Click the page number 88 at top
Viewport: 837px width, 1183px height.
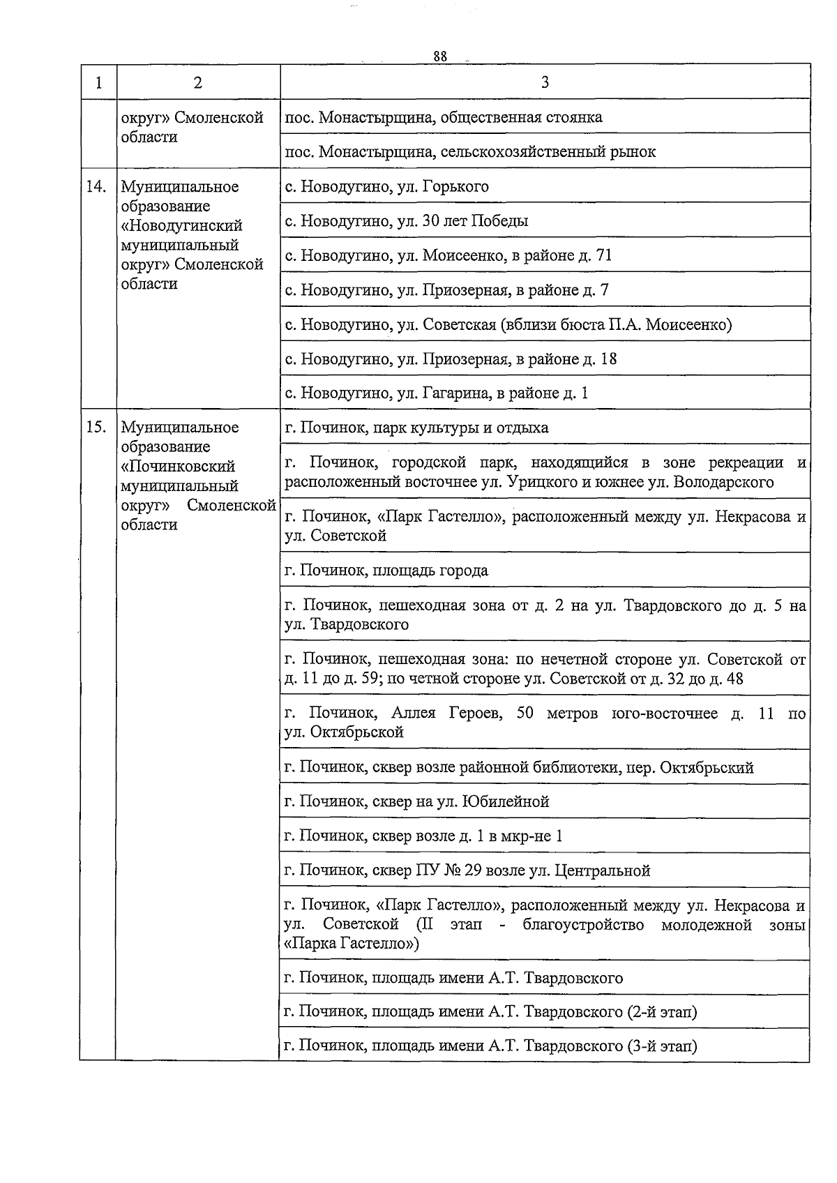tap(439, 56)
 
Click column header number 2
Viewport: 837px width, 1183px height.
tap(198, 82)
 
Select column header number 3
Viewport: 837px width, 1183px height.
tap(545, 82)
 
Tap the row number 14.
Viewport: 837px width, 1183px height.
tap(97, 187)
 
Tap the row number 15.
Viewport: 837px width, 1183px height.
tap(97, 428)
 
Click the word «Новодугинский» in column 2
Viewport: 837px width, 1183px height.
tap(182, 226)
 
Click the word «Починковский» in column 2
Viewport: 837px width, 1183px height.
tap(178, 467)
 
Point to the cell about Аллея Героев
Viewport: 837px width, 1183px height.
tap(545, 723)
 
